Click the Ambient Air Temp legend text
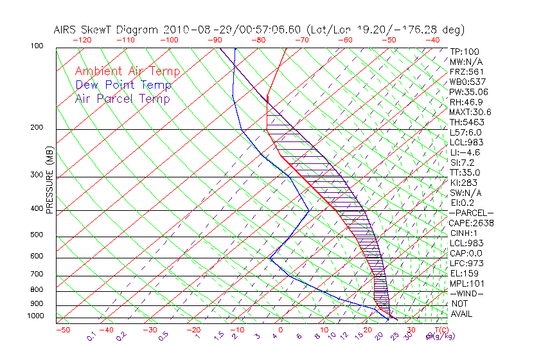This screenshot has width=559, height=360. tap(127, 71)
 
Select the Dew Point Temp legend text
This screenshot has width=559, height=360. tap(123, 85)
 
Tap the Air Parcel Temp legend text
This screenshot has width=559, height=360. tap(122, 98)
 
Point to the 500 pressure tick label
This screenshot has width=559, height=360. tap(37, 235)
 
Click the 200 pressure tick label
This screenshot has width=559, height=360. tap(37, 127)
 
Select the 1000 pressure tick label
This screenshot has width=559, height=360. tap(35, 316)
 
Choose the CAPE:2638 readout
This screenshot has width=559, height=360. tap(471, 223)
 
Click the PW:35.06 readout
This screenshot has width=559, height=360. tap(469, 92)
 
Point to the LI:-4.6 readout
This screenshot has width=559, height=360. tap(465, 152)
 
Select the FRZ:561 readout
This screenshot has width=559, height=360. tap(466, 71)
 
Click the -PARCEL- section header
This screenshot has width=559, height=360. tap(471, 213)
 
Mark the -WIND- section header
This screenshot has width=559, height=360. tap(467, 293)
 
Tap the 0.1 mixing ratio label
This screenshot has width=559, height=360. tap(92, 336)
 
